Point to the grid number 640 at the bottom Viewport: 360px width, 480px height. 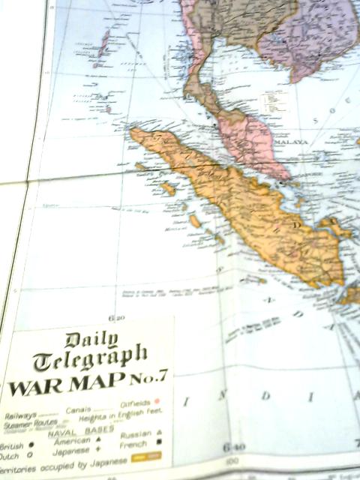(x=231, y=448)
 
